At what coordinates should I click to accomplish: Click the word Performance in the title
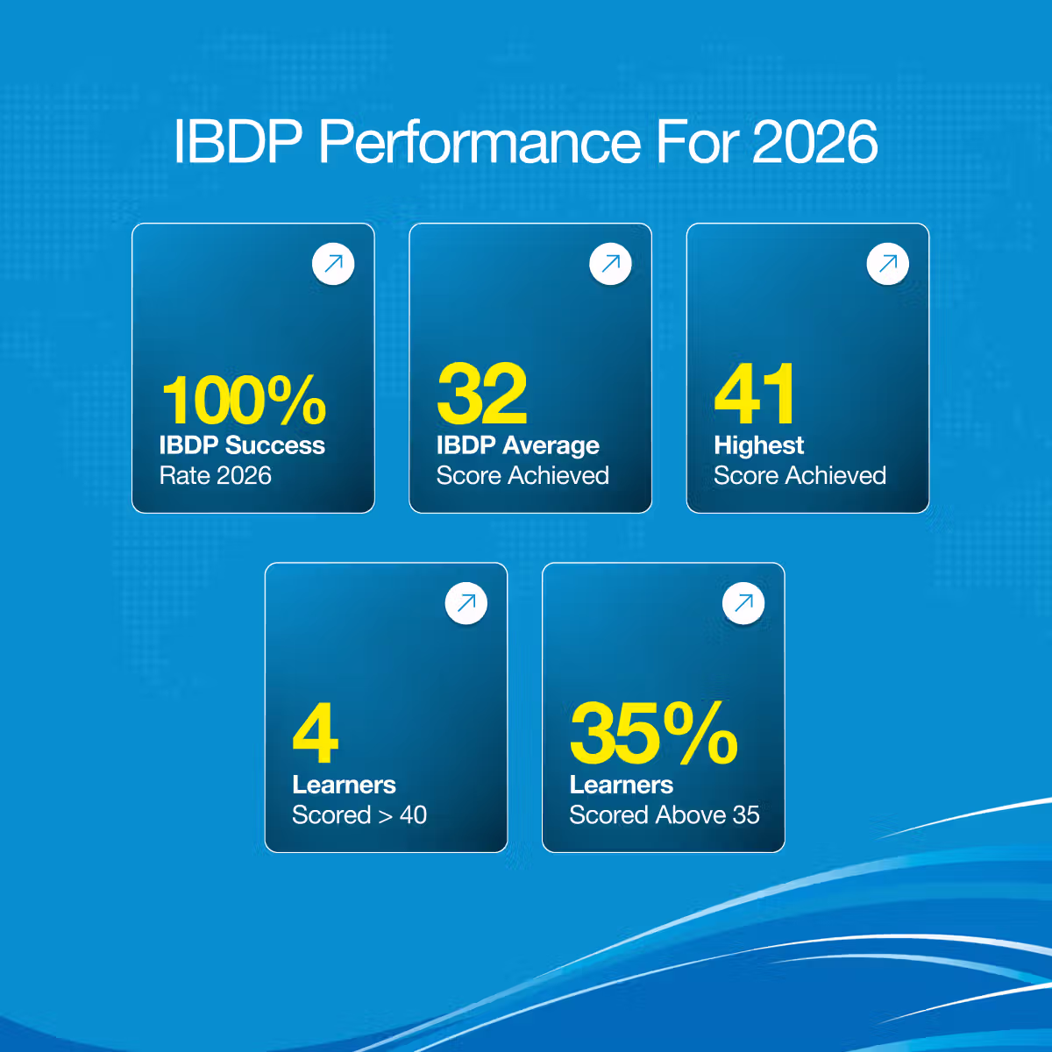pos(479,142)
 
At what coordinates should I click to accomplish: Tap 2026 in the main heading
pos(815,142)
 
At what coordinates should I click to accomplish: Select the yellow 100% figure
pos(244,400)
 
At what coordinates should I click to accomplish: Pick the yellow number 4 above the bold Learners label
pos(316,733)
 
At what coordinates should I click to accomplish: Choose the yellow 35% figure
pos(653,733)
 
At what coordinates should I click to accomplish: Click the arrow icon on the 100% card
pos(333,264)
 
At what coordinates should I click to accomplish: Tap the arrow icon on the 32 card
pos(610,264)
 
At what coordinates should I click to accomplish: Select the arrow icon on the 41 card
pos(888,264)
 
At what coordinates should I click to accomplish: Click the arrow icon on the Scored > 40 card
pos(466,603)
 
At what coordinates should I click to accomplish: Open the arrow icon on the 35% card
pos(743,603)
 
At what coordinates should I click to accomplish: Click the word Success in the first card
pos(275,445)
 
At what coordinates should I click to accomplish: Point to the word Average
pos(551,446)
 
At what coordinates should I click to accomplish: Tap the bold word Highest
pos(759,446)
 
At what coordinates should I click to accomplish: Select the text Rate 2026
pos(215,475)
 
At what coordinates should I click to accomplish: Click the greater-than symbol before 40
pos(386,816)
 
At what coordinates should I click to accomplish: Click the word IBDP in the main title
pos(238,142)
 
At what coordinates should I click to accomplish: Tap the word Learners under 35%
pos(622,785)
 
